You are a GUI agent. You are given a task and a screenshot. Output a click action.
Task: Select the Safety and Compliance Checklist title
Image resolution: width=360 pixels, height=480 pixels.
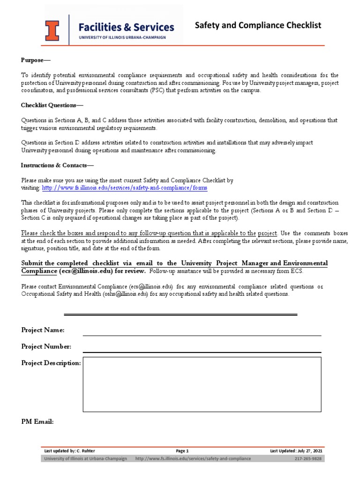(x=258, y=25)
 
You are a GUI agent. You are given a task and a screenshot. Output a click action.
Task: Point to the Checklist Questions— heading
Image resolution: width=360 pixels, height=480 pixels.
(x=52, y=105)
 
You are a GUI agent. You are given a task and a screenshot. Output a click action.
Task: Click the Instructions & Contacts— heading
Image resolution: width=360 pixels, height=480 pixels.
(x=57, y=165)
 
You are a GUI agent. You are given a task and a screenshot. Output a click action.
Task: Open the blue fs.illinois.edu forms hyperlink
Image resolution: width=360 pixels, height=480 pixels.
(x=125, y=187)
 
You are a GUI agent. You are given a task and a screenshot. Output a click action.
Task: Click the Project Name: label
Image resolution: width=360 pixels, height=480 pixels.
(x=43, y=330)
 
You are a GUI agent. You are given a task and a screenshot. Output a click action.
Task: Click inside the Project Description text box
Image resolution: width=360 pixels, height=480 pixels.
(x=202, y=384)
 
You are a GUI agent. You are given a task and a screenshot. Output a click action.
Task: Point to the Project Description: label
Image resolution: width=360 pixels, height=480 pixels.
(x=51, y=363)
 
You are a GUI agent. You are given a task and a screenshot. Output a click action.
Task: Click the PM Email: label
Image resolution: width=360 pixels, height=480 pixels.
(x=37, y=422)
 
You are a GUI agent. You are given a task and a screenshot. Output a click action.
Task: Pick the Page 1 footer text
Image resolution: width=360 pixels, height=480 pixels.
(x=182, y=451)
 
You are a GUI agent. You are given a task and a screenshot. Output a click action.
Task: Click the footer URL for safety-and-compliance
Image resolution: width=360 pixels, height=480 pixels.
(x=193, y=458)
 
